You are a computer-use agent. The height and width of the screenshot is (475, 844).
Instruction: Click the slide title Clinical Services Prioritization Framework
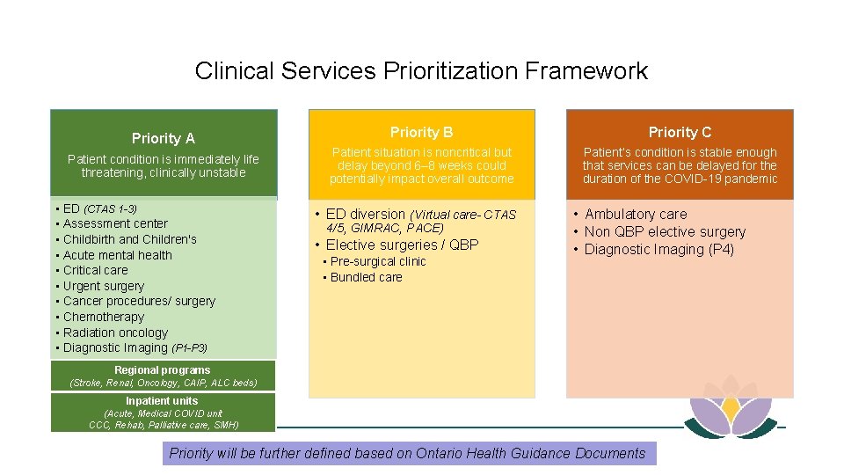pos(421,70)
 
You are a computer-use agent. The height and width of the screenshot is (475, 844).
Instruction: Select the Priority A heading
pos(163,138)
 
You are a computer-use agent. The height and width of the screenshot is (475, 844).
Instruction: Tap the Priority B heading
pos(421,132)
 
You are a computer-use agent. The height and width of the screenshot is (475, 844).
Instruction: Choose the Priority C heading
pos(680,132)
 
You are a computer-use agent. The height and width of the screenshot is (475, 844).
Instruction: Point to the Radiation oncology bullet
pos(114,332)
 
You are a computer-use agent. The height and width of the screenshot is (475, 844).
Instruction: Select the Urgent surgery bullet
pos(103,286)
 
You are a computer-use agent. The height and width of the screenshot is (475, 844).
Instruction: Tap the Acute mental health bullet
pos(117,255)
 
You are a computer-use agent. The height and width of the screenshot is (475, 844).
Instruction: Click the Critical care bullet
pos(95,270)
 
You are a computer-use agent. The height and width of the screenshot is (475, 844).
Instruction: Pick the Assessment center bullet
pos(114,223)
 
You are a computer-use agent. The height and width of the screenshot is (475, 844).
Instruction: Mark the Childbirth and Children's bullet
pos(129,239)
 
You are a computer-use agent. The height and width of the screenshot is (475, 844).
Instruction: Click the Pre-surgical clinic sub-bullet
pos(378,261)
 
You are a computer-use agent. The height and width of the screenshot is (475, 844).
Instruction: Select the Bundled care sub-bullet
pos(366,277)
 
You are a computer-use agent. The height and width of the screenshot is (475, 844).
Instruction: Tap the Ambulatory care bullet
pos(636,214)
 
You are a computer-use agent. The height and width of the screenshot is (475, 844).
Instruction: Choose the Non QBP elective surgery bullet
pos(665,231)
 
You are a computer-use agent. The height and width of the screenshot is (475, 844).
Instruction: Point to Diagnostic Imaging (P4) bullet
pos(659,249)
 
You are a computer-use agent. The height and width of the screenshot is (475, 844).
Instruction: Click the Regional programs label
pos(163,370)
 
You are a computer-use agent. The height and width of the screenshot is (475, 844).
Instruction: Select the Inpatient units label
pos(162,401)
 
